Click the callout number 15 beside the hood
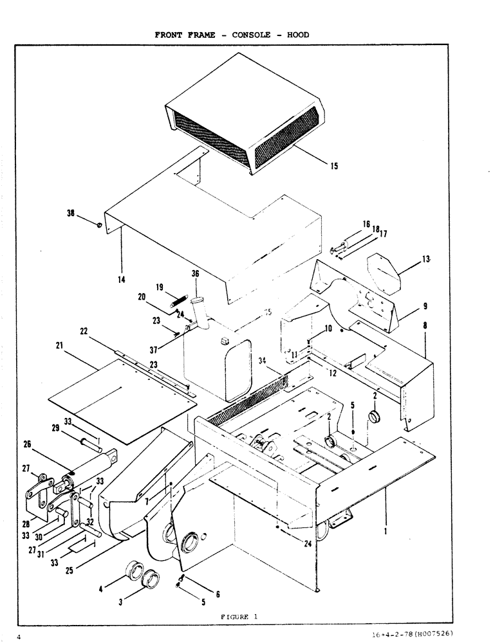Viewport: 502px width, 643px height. coord(334,166)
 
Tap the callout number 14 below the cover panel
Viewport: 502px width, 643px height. coord(122,279)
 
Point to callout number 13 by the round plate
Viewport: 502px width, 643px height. coord(426,259)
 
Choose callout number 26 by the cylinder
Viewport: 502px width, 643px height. coord(27,443)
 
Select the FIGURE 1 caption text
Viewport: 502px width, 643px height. coord(239,617)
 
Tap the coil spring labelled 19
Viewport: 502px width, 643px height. coord(178,299)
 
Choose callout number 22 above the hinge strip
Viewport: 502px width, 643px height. coord(84,331)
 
